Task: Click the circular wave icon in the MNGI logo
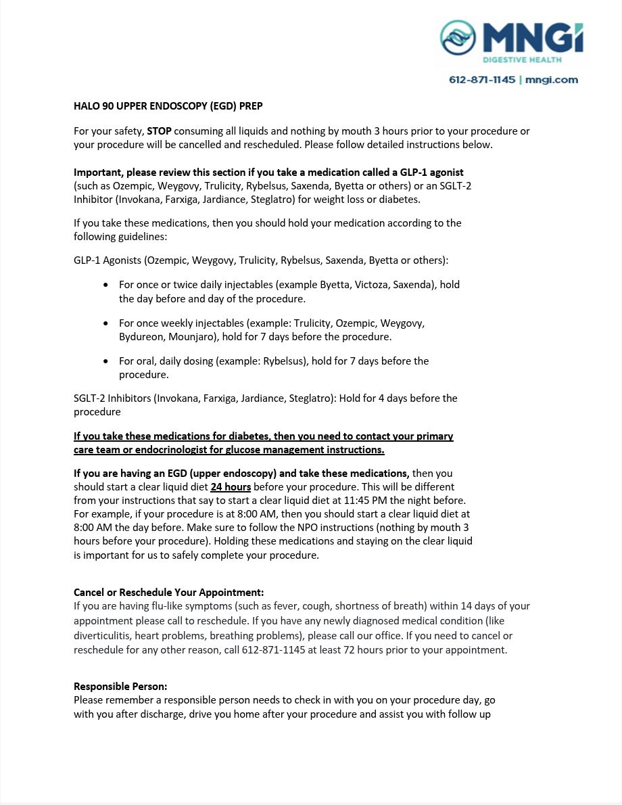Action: [458, 37]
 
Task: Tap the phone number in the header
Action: [482, 80]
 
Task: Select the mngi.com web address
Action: [552, 80]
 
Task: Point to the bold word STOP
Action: [160, 131]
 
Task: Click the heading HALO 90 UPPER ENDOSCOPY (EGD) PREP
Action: [168, 106]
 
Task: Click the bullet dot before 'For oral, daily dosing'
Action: [105, 361]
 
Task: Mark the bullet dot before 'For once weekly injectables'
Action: [105, 323]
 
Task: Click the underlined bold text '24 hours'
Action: [231, 487]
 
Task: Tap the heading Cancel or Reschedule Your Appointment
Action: [168, 593]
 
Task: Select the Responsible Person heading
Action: [120, 687]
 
